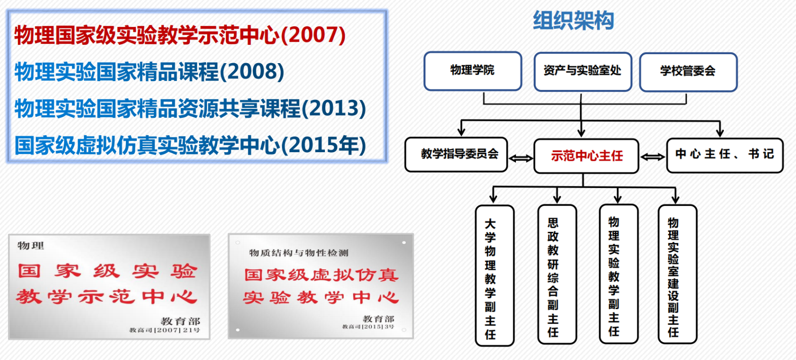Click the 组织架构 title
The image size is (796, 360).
click(573, 20)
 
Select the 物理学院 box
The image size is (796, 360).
click(473, 71)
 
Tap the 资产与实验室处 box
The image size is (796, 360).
click(583, 72)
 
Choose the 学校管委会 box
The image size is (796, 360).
click(689, 72)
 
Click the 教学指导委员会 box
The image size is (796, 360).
click(456, 155)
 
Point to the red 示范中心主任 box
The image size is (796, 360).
click(587, 156)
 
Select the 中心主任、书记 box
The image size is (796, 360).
click(725, 156)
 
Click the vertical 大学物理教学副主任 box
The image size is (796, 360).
click(495, 275)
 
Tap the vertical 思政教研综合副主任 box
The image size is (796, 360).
click(557, 274)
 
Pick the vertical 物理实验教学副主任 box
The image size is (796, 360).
click(619, 274)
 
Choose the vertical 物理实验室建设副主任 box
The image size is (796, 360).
click(678, 274)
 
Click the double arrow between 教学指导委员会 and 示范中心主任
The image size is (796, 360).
click(521, 158)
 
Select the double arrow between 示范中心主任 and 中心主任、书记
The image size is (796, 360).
click(653, 157)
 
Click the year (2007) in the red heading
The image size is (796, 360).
click(313, 35)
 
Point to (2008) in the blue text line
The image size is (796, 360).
click(252, 72)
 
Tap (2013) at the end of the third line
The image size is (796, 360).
click(333, 108)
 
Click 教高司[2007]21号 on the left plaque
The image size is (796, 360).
click(165, 330)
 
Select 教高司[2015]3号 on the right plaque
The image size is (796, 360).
click(368, 327)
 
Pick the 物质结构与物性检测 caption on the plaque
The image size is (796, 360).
click(299, 253)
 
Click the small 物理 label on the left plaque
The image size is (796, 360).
click(30, 245)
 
